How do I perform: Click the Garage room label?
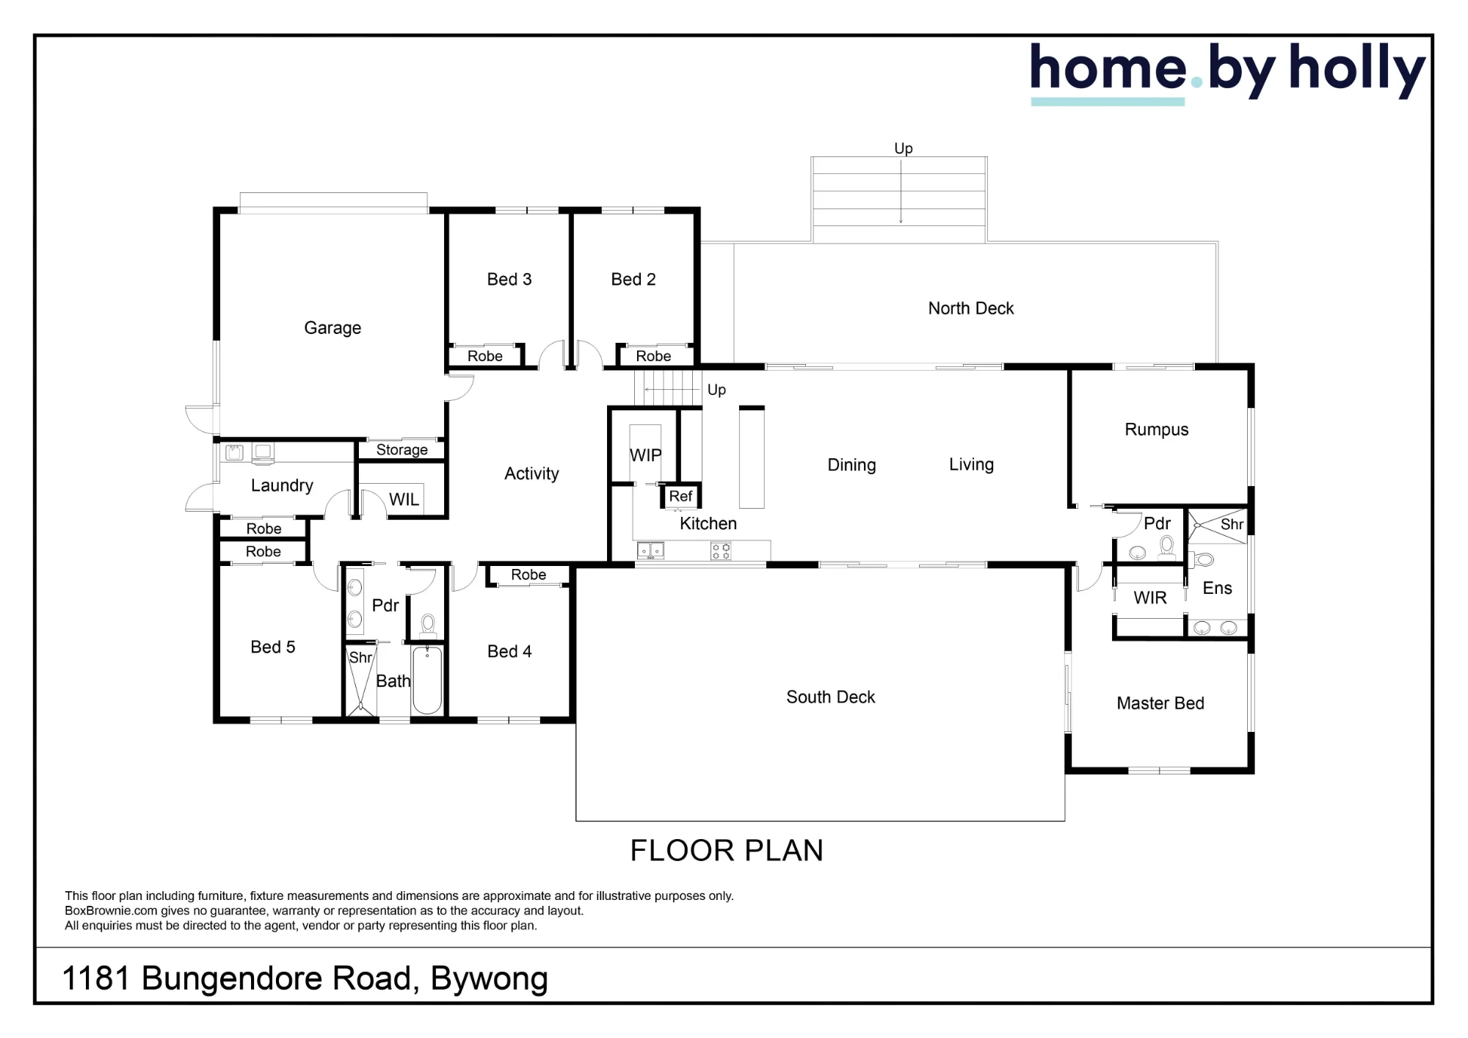(333, 328)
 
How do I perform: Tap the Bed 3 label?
(509, 280)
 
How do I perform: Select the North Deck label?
(970, 308)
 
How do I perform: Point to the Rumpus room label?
(1156, 429)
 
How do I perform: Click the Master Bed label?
(1160, 703)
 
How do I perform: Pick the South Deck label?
(830, 697)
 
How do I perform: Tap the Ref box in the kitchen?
(681, 496)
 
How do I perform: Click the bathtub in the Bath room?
(426, 680)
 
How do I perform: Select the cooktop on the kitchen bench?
(721, 551)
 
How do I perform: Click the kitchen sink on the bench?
(650, 551)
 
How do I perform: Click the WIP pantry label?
(645, 455)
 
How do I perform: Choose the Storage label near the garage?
(401, 450)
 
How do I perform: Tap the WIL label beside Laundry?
(404, 500)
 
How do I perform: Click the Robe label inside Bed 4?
(528, 575)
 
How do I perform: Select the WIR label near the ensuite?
(1149, 598)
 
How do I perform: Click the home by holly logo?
(1227, 72)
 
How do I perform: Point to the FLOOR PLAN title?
(727, 851)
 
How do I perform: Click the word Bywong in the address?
(490, 979)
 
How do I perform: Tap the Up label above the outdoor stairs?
(903, 149)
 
